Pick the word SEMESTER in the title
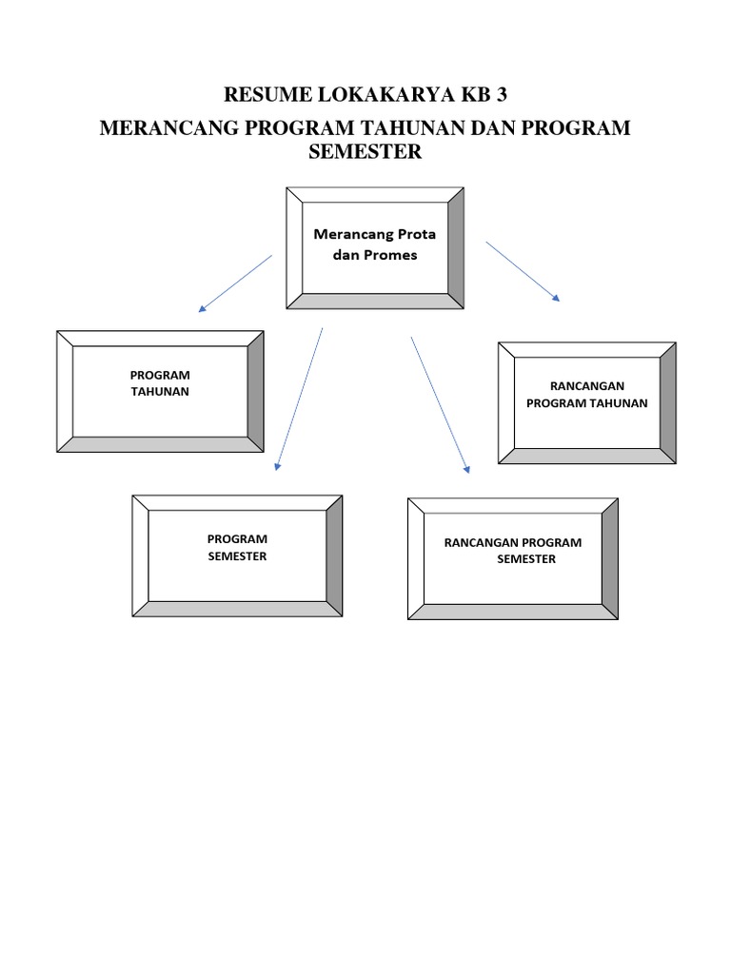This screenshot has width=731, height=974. point(365,152)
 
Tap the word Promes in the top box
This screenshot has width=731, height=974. point(385,255)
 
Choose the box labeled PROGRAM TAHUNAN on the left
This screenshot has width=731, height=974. point(160,391)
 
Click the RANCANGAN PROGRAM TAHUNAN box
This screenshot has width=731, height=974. point(586,403)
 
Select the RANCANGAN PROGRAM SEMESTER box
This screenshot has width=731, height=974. point(513,557)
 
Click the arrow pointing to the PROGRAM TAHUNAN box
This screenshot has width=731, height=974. point(235,282)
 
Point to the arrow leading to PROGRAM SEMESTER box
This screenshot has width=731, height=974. point(299,399)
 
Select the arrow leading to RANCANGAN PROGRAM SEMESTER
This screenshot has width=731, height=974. point(440,404)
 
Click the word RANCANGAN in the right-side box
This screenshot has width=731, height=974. point(586,386)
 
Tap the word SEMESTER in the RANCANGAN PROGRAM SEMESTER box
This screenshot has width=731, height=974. point(526,559)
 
